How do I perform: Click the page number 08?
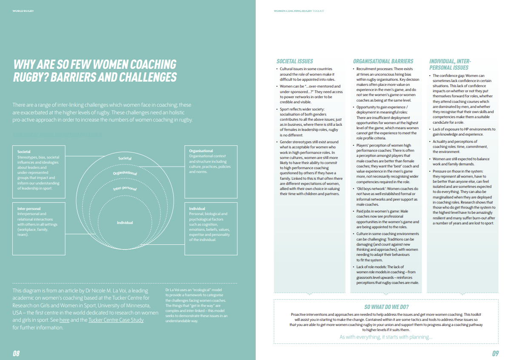click(16, 353)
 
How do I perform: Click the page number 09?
click(495, 353)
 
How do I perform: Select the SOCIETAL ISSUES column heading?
click(295, 61)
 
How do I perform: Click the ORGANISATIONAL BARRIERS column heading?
click(383, 61)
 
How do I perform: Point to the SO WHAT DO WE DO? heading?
click(386, 307)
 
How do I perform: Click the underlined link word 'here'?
click(64, 320)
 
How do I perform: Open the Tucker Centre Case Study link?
click(116, 320)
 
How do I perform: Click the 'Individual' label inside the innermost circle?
click(125, 222)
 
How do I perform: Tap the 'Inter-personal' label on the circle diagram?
click(125, 188)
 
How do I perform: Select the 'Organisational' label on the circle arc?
click(125, 173)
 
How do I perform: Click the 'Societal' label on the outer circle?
click(125, 159)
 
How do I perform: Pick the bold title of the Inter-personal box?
click(29, 209)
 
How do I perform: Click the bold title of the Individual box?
click(197, 209)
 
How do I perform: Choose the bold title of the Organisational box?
click(201, 151)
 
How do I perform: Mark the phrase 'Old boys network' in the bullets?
click(370, 188)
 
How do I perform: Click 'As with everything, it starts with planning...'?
click(386, 337)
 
